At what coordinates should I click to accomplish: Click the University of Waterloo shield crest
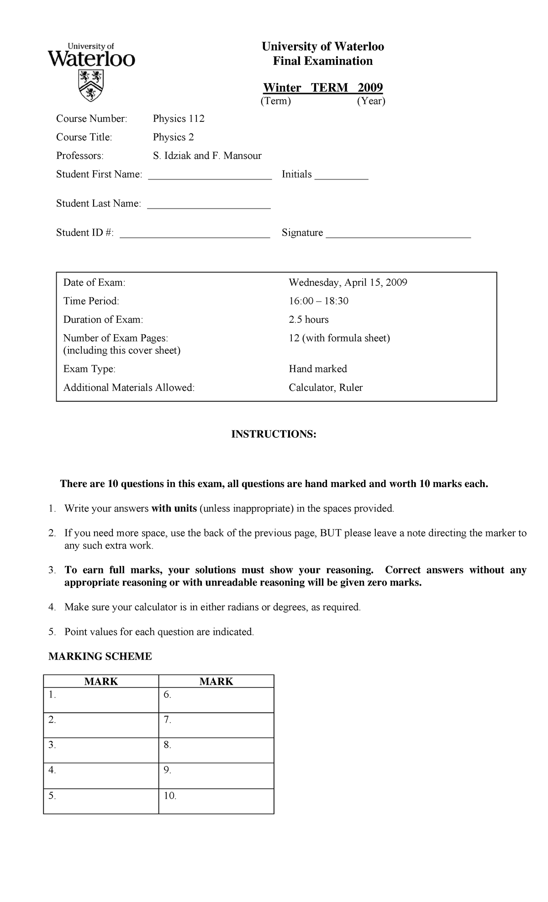(x=92, y=85)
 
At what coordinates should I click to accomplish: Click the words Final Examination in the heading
(x=322, y=61)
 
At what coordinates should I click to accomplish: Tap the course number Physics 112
(x=179, y=119)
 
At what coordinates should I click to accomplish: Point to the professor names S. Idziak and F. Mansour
(x=207, y=156)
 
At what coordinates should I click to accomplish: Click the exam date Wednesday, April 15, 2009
(x=348, y=283)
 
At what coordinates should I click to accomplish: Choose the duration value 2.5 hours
(x=308, y=320)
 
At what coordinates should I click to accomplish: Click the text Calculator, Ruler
(x=325, y=388)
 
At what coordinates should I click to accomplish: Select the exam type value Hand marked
(x=317, y=369)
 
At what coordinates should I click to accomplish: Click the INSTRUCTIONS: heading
(x=274, y=434)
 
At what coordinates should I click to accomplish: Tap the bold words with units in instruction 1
(x=174, y=509)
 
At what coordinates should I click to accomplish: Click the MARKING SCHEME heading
(x=100, y=656)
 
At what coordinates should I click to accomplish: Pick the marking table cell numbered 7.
(x=216, y=725)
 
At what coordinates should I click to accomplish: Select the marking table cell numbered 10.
(x=216, y=801)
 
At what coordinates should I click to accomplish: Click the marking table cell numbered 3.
(x=101, y=750)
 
